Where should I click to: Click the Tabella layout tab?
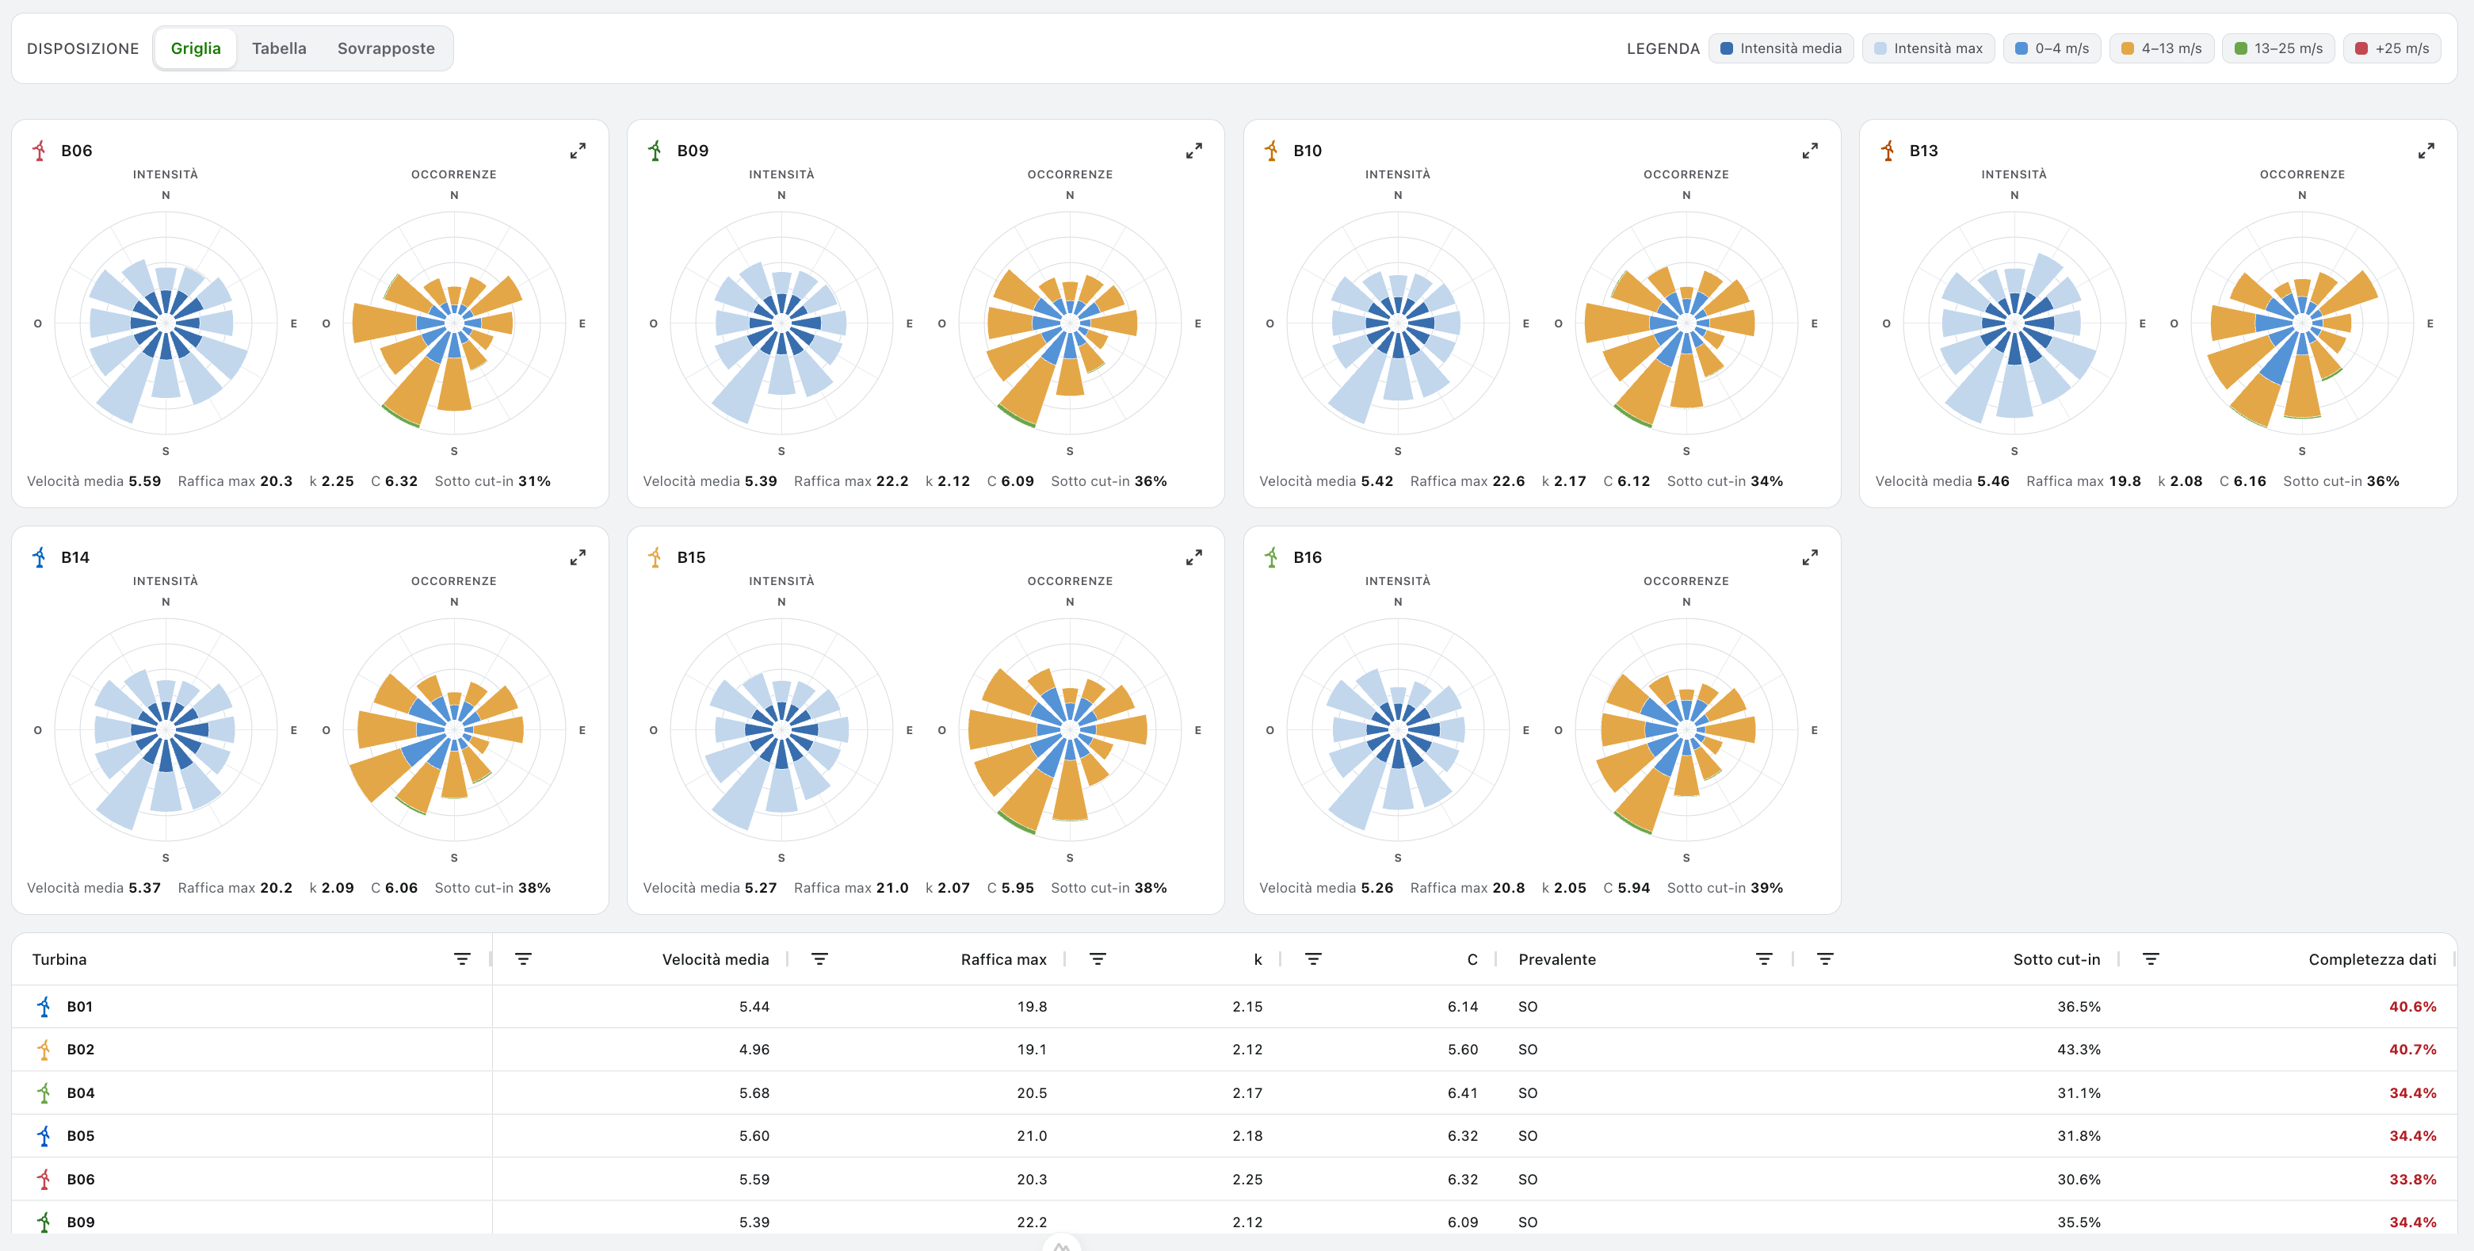[278, 48]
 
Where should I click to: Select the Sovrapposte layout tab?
[386, 48]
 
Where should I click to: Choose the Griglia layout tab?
[196, 48]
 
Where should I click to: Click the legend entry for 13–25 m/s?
[2278, 48]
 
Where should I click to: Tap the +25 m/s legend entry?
[2392, 48]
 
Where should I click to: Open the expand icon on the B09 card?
[1193, 151]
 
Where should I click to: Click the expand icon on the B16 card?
[1809, 557]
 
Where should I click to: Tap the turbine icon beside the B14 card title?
[40, 557]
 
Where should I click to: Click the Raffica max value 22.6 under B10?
[1508, 481]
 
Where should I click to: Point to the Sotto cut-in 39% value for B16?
[1766, 888]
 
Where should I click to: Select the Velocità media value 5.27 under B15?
[761, 888]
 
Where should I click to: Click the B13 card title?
[1924, 151]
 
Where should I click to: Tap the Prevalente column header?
[1557, 959]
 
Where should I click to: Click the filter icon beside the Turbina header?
[462, 959]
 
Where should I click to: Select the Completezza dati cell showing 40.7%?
[2412, 1049]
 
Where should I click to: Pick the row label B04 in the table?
[81, 1092]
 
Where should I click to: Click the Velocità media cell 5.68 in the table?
[754, 1092]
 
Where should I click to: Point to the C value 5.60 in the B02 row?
[1463, 1049]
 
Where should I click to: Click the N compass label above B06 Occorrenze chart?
[454, 195]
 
